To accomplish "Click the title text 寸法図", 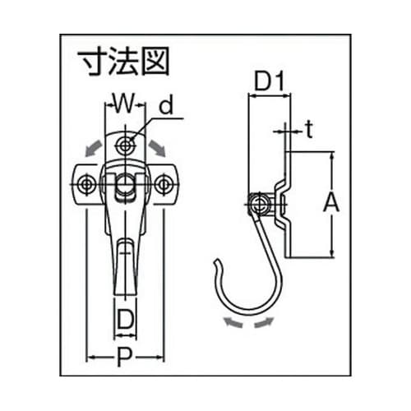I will coord(122,62).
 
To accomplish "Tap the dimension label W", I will coord(122,104).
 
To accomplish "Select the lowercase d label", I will coord(167,105).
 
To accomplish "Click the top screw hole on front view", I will coord(125,145).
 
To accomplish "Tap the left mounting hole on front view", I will coord(85,185).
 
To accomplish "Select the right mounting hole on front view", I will coord(164,185).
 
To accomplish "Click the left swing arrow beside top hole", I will coord(92,149).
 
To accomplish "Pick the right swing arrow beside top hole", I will coord(158,149).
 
